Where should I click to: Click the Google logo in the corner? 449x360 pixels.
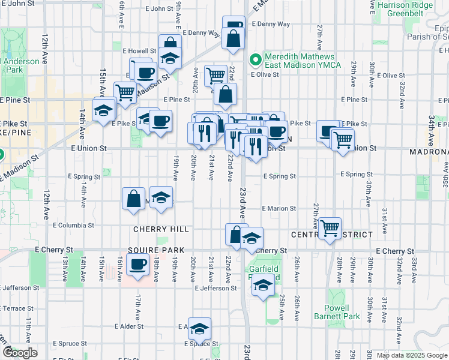point(20,353)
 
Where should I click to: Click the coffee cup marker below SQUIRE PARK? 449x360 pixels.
point(138,264)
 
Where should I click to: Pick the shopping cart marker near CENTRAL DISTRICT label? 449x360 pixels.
point(330,228)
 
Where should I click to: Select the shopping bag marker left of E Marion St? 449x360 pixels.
point(133,199)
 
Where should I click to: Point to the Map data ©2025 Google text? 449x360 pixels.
point(412,355)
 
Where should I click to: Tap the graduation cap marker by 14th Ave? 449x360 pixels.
point(104,110)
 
